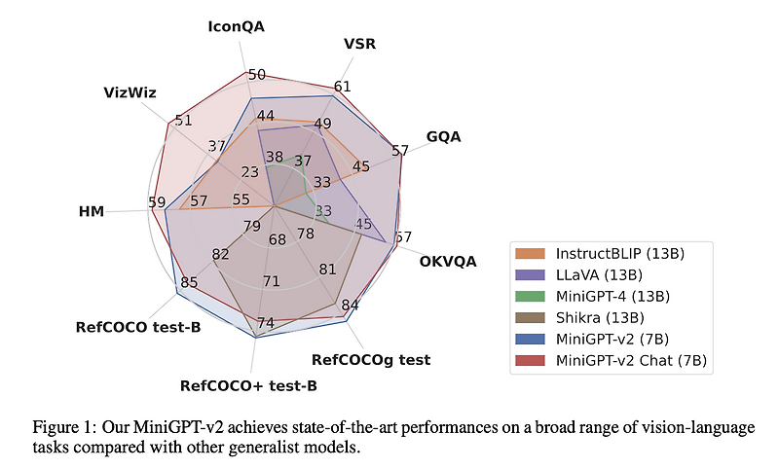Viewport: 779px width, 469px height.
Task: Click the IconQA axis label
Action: tap(237, 27)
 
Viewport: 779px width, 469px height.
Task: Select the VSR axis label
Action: tap(360, 44)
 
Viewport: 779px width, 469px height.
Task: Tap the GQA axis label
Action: tap(443, 136)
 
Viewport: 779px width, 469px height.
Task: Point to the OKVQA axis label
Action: tap(448, 261)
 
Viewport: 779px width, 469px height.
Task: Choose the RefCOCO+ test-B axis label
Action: tap(248, 385)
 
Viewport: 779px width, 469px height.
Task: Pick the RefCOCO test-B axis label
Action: tap(138, 327)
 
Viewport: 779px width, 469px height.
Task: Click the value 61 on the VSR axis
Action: tap(342, 87)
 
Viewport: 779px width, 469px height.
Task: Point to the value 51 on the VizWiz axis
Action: tap(183, 121)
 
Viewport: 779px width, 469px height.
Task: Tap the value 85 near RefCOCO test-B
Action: tap(189, 283)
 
